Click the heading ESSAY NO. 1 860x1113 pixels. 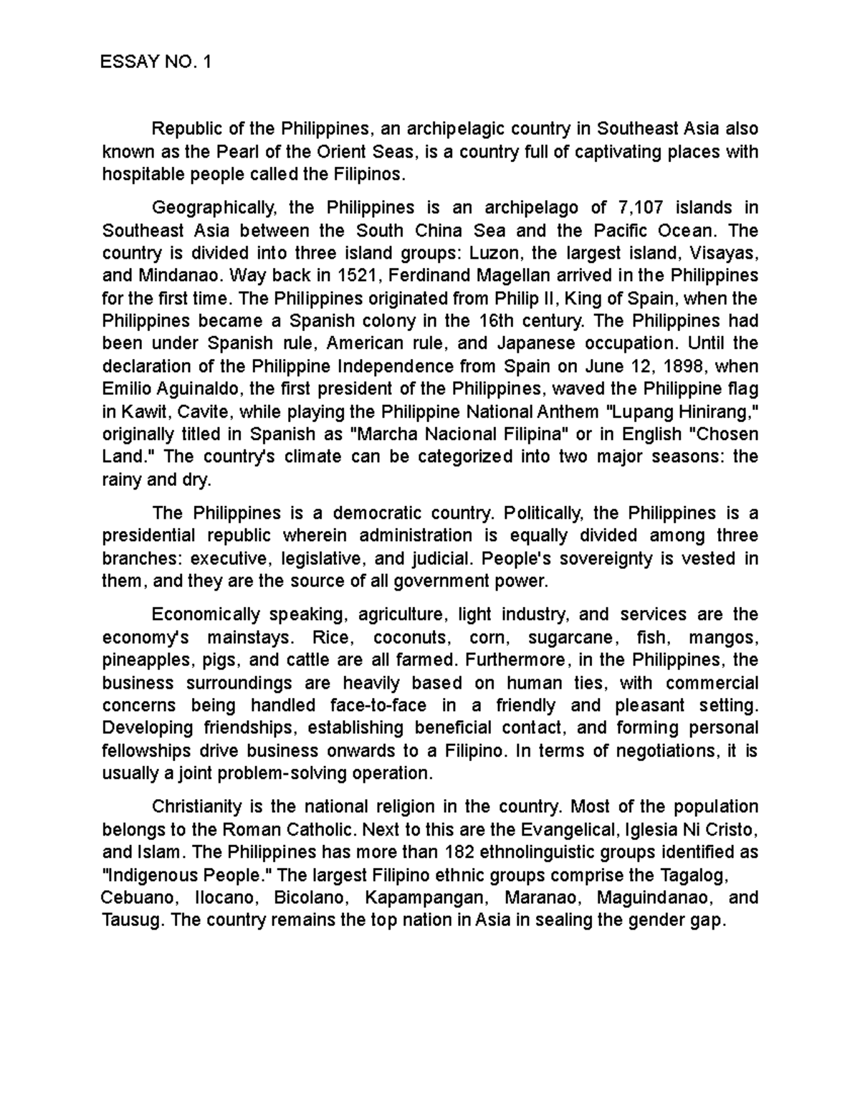tap(157, 62)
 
